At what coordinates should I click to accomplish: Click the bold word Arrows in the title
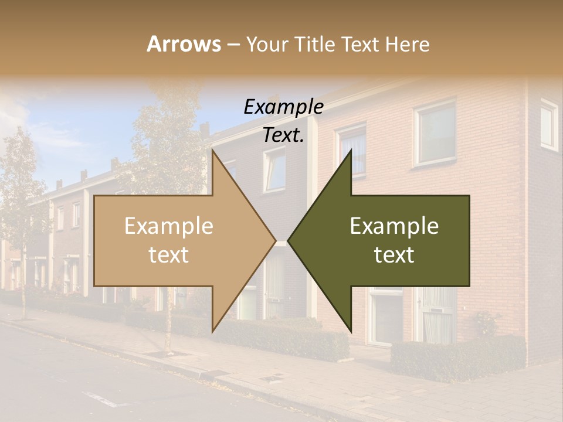tap(184, 44)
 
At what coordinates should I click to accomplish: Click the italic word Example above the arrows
tap(284, 107)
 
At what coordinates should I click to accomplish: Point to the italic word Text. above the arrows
tap(283, 135)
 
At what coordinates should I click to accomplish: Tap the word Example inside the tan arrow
tap(169, 226)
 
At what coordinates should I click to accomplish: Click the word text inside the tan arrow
tap(169, 255)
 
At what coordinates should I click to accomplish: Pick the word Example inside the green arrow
tap(394, 226)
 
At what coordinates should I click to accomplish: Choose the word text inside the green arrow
tap(394, 255)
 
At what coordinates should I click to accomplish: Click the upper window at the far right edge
tap(549, 125)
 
